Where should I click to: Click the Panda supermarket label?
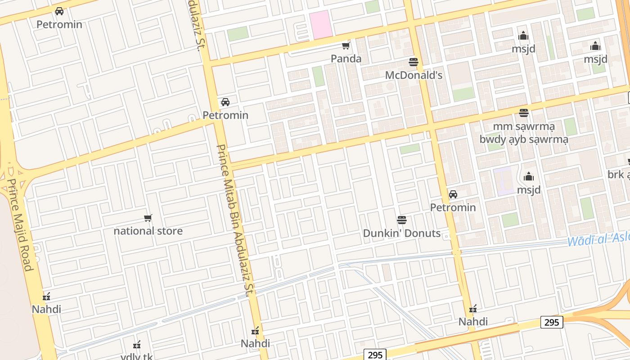coord(346,58)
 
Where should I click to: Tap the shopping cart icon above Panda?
coord(346,46)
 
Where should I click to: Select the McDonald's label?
coord(414,75)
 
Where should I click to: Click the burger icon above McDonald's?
coord(414,62)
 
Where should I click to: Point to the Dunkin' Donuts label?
coord(402,233)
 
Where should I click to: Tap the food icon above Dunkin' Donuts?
coord(402,220)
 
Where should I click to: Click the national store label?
coord(148,231)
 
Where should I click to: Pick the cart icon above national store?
coord(148,218)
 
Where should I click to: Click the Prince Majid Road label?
coord(20,225)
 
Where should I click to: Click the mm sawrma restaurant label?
coord(524,126)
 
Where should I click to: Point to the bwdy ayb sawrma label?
coord(524,139)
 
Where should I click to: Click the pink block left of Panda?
coord(321,25)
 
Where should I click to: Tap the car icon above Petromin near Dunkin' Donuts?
coord(453,194)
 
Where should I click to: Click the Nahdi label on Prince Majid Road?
coord(46,309)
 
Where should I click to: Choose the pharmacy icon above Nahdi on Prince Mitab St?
coord(255,331)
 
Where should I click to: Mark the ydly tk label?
coord(137,356)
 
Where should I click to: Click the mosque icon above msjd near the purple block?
coord(529,176)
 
